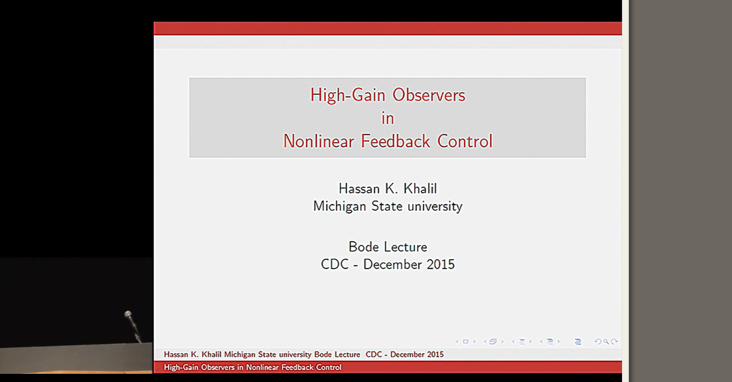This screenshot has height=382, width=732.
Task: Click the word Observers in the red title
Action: [429, 95]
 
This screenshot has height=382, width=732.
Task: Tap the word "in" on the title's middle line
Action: [388, 118]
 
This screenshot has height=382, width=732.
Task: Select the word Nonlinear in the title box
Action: [318, 141]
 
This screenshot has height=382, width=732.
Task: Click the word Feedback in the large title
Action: [395, 141]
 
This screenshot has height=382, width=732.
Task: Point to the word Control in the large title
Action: [465, 141]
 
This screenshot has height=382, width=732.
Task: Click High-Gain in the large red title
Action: [348, 95]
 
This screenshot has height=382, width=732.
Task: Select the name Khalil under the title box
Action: [420, 188]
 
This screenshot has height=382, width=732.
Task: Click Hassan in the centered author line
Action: [359, 188]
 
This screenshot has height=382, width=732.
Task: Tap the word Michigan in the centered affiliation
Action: [339, 206]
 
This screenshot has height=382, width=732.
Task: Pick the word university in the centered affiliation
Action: [435, 206]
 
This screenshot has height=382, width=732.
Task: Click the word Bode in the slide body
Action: [364, 247]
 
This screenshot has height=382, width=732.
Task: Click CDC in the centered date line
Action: [334, 264]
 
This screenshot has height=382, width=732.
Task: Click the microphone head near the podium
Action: [128, 314]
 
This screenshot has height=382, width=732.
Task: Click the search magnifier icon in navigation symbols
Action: [606, 341]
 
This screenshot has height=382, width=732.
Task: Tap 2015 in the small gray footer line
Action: [435, 355]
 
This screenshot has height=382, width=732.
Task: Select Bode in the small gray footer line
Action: [323, 355]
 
